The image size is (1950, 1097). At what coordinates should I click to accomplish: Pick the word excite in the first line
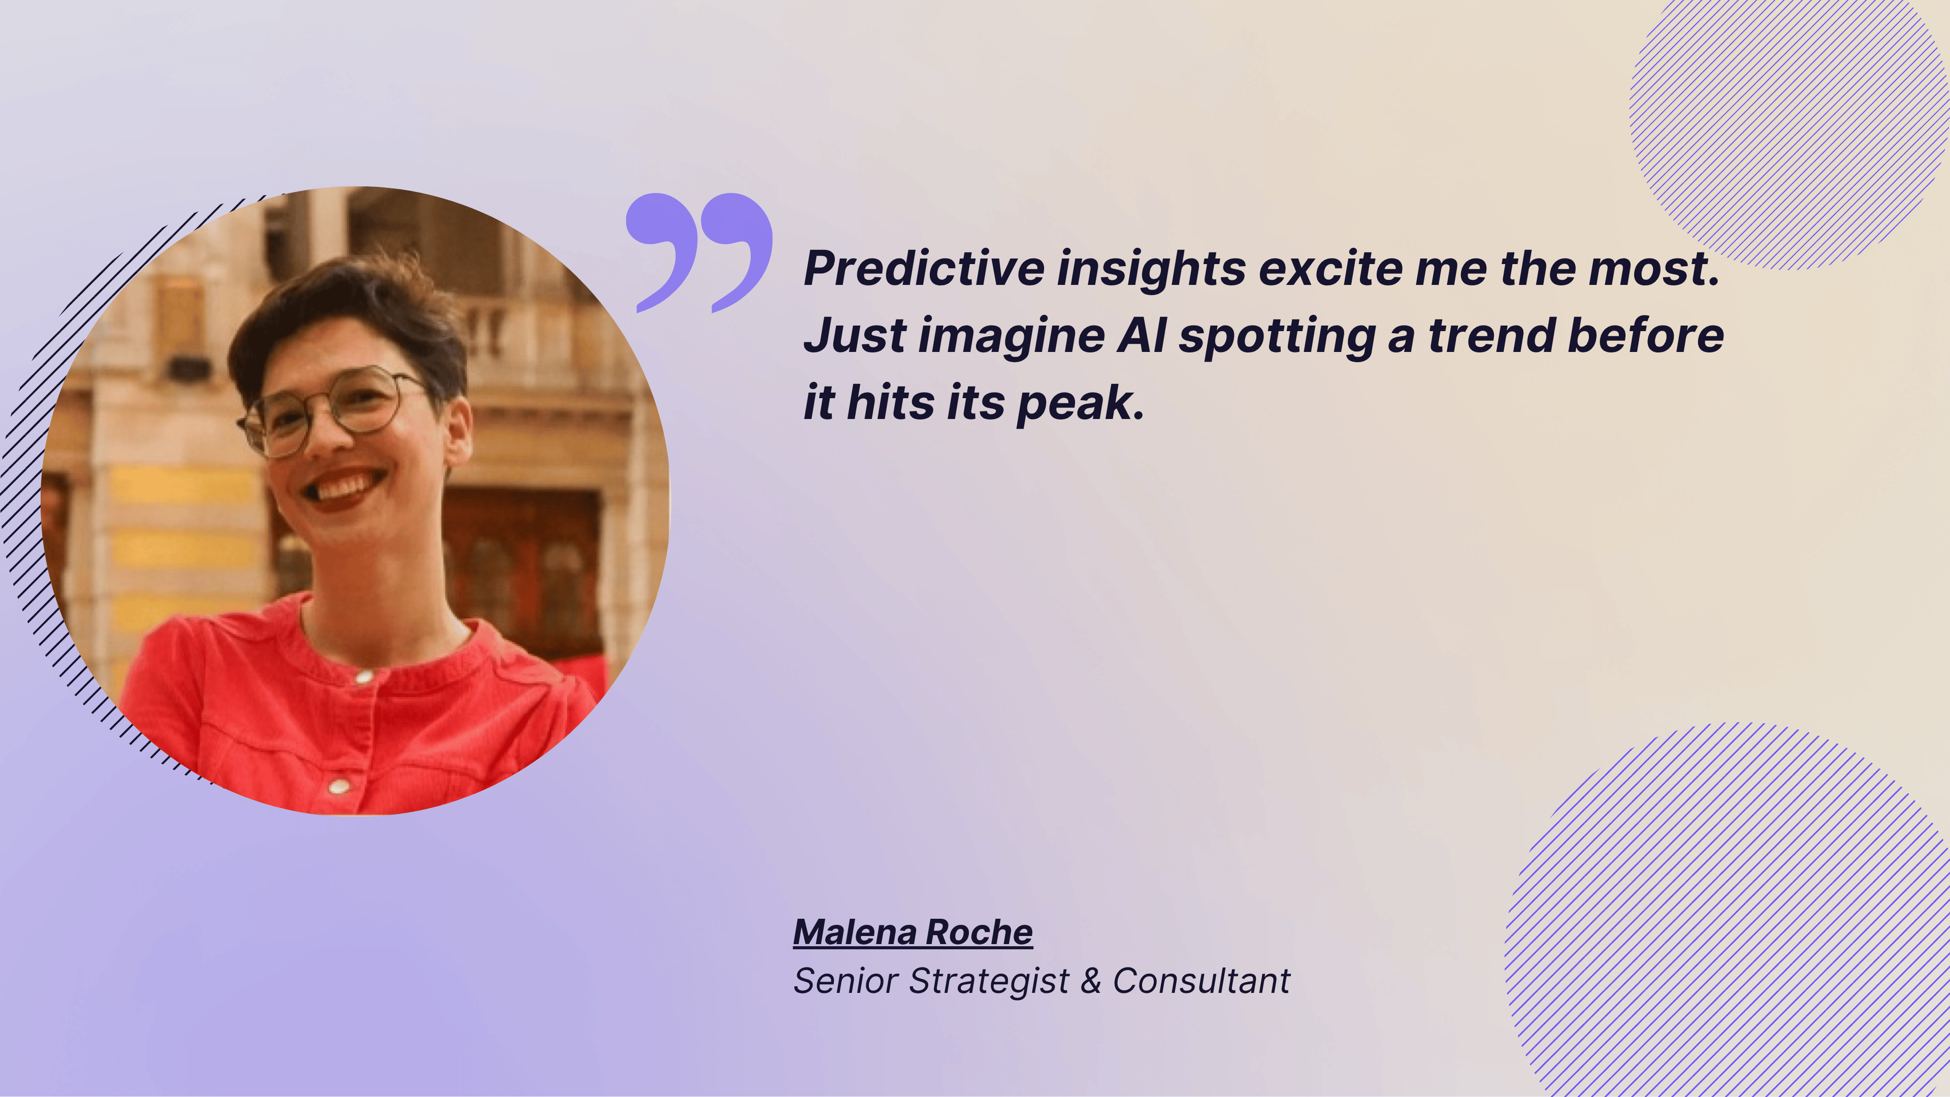click(x=1331, y=269)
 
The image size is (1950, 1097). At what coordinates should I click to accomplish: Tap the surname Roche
click(x=979, y=932)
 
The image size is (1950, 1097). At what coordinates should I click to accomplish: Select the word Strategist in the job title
click(x=989, y=982)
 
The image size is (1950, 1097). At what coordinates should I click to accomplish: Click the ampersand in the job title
click(x=1091, y=981)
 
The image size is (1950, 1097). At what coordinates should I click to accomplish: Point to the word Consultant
click(x=1201, y=981)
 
